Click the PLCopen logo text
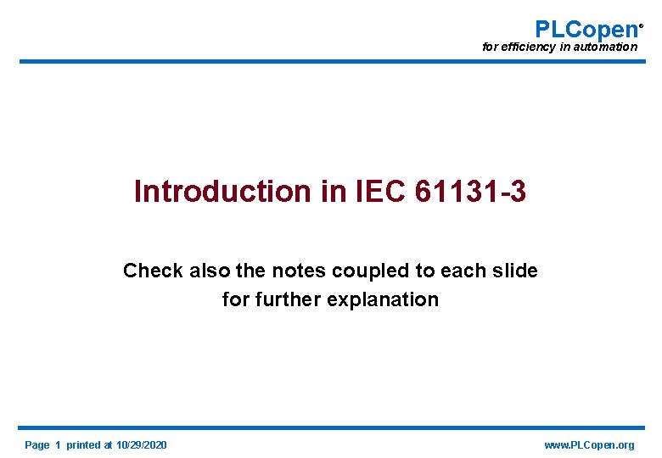[x=586, y=29]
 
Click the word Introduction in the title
[x=223, y=192]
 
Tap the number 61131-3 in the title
[x=471, y=192]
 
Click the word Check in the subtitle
[x=153, y=271]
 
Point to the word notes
[x=303, y=271]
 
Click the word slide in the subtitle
[x=516, y=271]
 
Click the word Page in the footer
[x=37, y=445]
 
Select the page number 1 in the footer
[x=58, y=445]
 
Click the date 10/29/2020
[x=142, y=445]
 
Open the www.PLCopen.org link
[x=588, y=445]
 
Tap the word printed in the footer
[x=82, y=445]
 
